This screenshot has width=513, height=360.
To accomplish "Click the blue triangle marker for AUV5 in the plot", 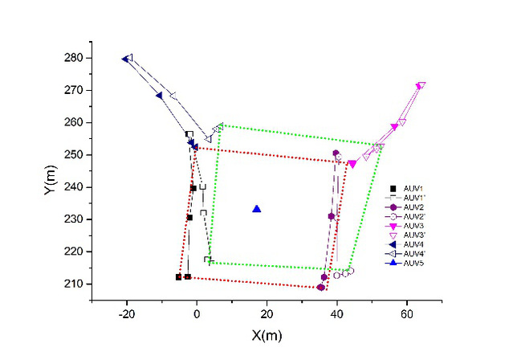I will [257, 209].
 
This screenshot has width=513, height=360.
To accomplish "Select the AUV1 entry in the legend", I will [413, 188].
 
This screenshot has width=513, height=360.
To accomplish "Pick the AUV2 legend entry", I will [413, 207].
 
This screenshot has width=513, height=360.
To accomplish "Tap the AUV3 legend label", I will [413, 226].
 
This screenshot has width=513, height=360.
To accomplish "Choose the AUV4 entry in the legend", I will [413, 244].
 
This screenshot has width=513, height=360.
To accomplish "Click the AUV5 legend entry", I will [413, 263].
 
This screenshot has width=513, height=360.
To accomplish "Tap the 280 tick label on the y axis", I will [75, 58].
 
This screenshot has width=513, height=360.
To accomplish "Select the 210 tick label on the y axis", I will [75, 284].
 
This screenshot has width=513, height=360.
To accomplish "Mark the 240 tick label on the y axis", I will [75, 187].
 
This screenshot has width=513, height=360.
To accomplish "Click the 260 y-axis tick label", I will [75, 123].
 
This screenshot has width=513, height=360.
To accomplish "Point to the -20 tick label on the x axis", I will [125, 313].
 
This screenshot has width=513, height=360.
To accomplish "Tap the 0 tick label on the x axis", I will [197, 313].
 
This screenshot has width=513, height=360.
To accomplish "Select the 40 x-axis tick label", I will [336, 313].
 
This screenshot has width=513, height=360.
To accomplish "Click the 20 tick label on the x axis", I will [267, 313].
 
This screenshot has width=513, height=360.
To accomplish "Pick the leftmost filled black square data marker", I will [179, 277].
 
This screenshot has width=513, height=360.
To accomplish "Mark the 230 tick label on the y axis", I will [75, 219].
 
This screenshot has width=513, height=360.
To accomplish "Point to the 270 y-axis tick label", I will [75, 91].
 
